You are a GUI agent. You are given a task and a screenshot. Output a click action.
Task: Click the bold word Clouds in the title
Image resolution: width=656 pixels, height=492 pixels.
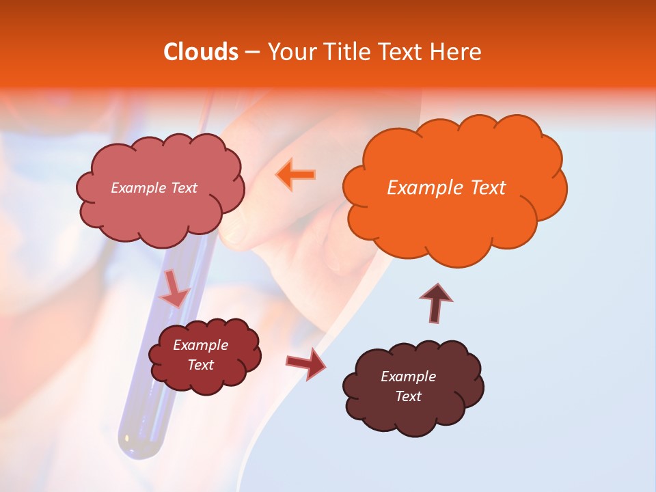coord(201,52)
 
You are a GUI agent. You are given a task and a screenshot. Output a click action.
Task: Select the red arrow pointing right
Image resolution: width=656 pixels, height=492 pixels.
coord(306,364)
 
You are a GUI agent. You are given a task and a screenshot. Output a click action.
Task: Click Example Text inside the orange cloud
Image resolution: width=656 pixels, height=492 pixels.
coord(446,188)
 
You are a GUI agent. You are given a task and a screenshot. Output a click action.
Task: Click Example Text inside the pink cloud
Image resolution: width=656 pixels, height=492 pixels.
coord(154,188)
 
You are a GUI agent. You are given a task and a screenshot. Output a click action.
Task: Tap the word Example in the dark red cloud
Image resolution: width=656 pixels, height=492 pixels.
coord(201,345)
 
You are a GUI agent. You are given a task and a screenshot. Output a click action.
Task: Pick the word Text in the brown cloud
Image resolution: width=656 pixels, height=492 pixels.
coord(408,396)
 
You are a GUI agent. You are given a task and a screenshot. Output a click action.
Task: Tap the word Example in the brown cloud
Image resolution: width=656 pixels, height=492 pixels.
coord(408,377)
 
